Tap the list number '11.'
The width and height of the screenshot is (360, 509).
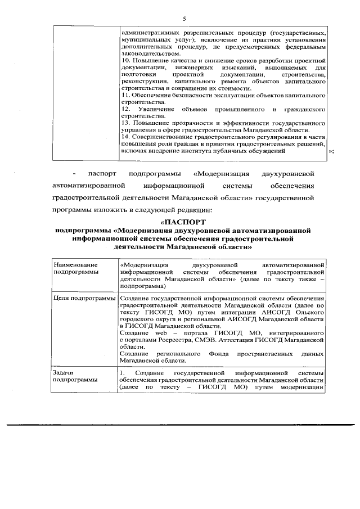click(126, 95)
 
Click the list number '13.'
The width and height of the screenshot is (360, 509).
click(126, 122)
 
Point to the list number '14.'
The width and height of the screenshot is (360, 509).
click(127, 136)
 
